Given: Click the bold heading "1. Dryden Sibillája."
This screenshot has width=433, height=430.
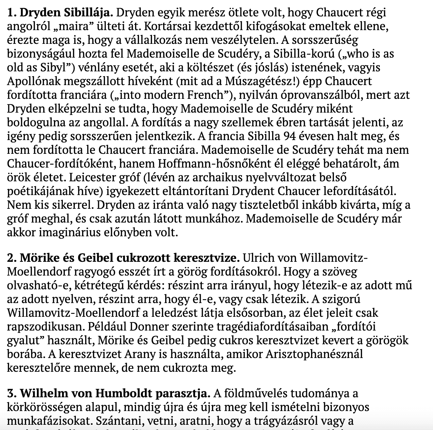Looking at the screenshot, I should click(x=60, y=13).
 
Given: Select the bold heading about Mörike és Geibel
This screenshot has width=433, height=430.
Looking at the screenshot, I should click(x=124, y=258).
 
